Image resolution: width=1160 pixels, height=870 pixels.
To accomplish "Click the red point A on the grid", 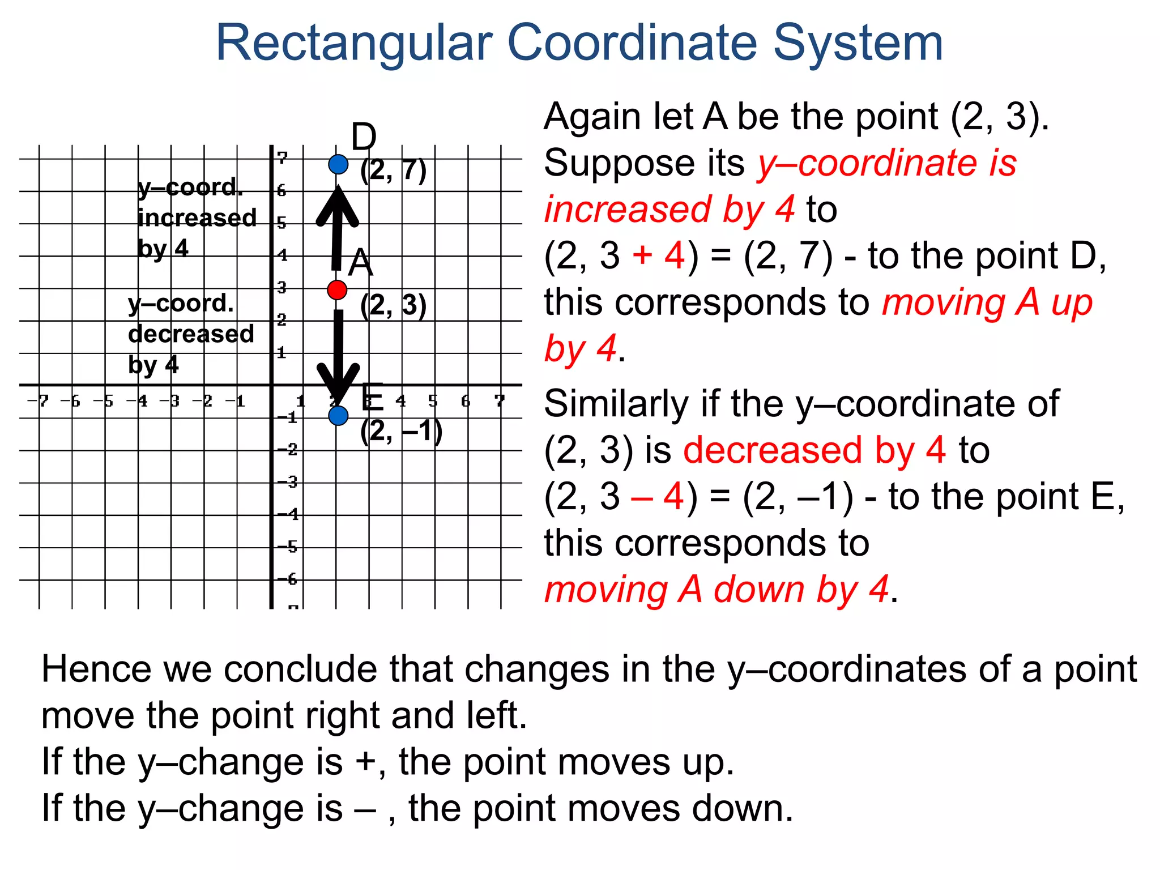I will [337, 290].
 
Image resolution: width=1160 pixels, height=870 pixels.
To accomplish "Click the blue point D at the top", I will [338, 164].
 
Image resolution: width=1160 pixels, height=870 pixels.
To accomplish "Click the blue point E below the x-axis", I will [338, 416].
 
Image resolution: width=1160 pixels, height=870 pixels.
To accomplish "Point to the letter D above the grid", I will [363, 137].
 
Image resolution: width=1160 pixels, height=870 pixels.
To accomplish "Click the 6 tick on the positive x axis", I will [466, 401].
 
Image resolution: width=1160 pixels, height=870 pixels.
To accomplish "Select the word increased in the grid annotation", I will [197, 218].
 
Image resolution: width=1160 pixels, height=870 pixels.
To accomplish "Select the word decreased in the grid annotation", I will [191, 334].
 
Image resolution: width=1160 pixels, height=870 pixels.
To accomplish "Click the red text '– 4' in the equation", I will [657, 497].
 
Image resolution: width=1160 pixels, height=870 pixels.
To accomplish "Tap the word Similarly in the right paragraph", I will [617, 404].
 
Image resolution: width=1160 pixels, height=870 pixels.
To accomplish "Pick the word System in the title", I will [858, 43].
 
